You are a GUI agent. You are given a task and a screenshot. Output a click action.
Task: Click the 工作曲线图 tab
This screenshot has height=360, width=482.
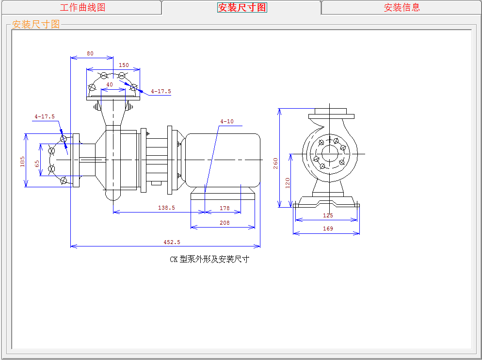coord(82,7)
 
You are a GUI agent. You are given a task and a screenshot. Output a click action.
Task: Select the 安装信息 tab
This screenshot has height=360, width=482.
coord(402,7)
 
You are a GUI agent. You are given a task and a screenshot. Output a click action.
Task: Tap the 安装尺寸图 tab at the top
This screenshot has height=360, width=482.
coord(242,7)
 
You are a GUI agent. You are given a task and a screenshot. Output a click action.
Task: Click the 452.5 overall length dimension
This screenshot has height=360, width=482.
coord(172,242)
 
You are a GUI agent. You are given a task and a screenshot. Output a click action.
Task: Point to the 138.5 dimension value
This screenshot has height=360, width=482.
coord(166,208)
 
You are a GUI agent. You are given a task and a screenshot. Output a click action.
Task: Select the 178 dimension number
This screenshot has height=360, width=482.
coord(225,208)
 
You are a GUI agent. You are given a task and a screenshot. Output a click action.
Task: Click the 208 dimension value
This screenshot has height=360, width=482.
coord(225,223)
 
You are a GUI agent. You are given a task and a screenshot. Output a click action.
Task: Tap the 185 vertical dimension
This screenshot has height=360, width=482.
coord(22,162)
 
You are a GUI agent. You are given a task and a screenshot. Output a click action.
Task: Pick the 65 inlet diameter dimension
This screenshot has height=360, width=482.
coord(37,164)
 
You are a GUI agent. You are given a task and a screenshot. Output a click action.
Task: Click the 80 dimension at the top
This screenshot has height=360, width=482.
coord(90,53)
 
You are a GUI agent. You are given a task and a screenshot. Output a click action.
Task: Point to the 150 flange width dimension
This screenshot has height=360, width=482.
coord(124,65)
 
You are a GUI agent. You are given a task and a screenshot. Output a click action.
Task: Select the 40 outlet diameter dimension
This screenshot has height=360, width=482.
coord(110,84)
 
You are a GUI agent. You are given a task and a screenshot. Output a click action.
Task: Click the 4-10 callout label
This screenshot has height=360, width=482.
coord(227,122)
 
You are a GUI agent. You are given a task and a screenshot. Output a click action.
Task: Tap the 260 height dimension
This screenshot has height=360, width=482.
coord(275,164)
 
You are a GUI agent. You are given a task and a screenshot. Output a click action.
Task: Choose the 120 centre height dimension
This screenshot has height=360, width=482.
coord(288,183)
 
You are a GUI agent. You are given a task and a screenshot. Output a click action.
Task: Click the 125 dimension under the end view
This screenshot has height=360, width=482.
coord(328,215)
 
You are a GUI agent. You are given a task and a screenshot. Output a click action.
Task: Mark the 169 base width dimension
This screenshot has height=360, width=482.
coord(328,229)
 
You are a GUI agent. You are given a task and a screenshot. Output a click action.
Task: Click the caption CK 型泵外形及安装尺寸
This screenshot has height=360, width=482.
coord(209,260)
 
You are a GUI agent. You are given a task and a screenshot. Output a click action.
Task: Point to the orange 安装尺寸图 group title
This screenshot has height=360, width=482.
coord(36,24)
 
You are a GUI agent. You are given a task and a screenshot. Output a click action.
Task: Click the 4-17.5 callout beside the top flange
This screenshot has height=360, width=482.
coord(161,91)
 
